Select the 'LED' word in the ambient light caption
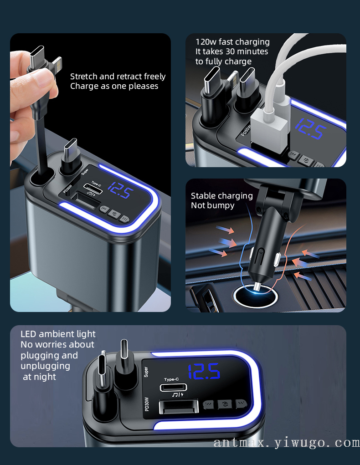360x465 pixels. (x=28, y=334)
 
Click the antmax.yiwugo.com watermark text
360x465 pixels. (x=287, y=443)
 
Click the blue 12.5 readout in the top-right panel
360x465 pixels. (x=310, y=128)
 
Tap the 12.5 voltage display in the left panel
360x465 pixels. (x=119, y=190)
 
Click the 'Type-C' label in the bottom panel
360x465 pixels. (x=171, y=379)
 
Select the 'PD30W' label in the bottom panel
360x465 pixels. (x=146, y=404)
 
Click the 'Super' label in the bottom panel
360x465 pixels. (x=146, y=372)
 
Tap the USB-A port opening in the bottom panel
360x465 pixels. (x=179, y=407)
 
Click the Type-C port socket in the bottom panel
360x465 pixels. (x=173, y=387)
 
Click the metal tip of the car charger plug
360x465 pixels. (x=257, y=286)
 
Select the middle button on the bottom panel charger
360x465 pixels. (x=225, y=404)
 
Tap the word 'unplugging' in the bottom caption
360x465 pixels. (x=46, y=367)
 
